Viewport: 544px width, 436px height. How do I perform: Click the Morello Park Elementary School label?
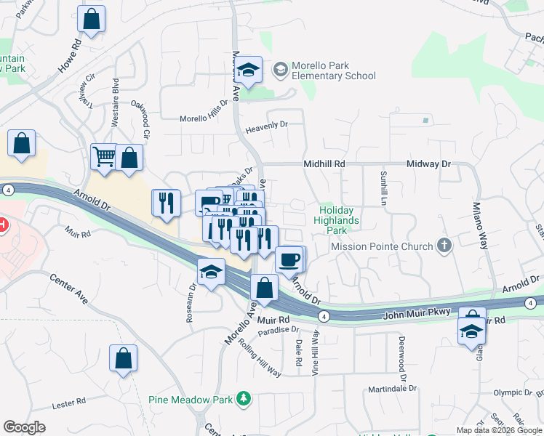(333, 70)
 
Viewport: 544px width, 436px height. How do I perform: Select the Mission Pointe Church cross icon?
(444, 246)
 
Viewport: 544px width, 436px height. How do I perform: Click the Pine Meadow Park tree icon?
(245, 399)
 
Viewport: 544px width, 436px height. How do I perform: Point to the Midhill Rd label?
(324, 165)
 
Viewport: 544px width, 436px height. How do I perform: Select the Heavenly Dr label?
(267, 125)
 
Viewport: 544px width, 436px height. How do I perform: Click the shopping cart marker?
(104, 156)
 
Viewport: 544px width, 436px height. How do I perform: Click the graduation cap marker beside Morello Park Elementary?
(250, 70)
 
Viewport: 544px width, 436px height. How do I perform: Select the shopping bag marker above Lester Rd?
(123, 358)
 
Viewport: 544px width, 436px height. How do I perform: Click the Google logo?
(25, 427)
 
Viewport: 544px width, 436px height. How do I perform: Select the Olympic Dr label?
(513, 392)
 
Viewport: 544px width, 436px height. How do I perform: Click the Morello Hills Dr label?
(204, 118)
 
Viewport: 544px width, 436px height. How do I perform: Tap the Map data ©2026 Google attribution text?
(498, 430)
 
